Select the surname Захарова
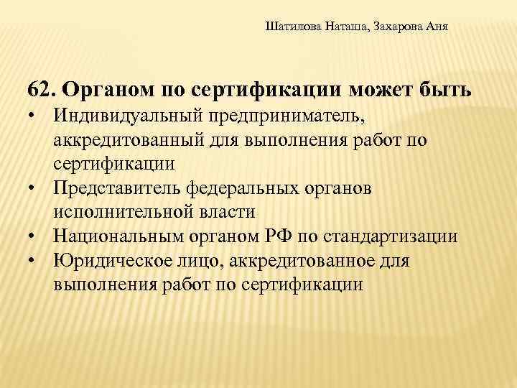pyautogui.click(x=400, y=27)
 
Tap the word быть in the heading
pyautogui.click(x=445, y=91)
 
